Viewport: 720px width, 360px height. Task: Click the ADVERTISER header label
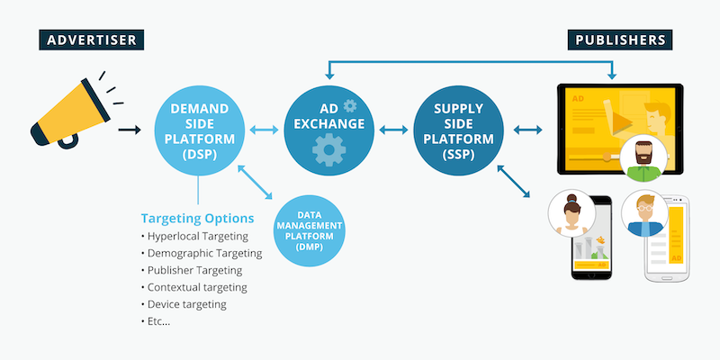click(94, 40)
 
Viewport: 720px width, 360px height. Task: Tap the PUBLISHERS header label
click(621, 40)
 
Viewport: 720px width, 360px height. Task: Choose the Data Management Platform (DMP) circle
click(309, 230)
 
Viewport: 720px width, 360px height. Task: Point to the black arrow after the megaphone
click(130, 130)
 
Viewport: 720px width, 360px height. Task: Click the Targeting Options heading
click(197, 219)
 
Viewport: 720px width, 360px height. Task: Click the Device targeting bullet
click(187, 304)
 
